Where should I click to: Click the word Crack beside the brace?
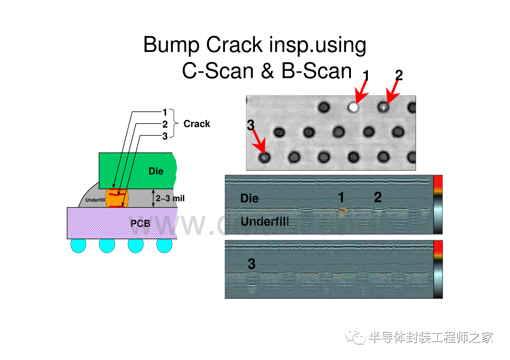coord(197,124)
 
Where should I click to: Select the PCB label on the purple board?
coord(140,223)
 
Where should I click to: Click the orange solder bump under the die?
coord(117,198)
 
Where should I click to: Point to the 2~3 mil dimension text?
coord(170,199)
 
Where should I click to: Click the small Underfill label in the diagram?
coord(95,200)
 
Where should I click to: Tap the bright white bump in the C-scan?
coord(353,107)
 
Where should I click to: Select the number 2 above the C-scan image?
coord(399,75)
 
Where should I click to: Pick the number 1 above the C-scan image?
coord(366,75)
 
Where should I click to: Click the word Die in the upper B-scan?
coord(249,198)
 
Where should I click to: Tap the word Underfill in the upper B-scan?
coord(264,221)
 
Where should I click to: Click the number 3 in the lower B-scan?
coord(251,264)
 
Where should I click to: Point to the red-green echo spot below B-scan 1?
coord(342,211)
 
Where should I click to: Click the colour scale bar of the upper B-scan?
coord(438,204)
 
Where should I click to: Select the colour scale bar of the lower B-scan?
coord(438,269)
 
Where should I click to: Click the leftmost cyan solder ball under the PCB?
coord(78,245)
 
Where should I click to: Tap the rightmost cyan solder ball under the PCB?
coord(164,245)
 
